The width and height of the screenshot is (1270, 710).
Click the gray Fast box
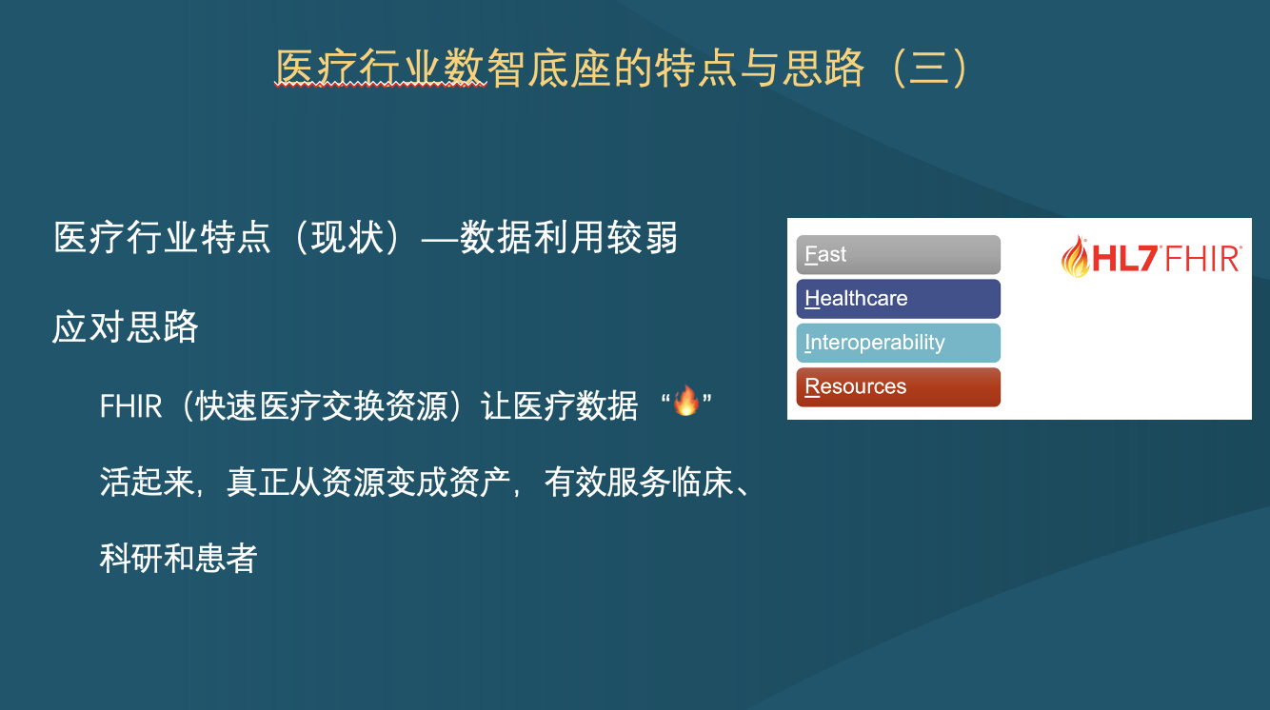tap(898, 254)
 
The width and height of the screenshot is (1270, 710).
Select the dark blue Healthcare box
tap(898, 299)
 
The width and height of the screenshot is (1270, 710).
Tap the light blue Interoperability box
tap(898, 343)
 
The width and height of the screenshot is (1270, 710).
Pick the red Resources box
tap(898, 387)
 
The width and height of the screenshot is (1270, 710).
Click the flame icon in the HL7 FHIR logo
tap(1075, 257)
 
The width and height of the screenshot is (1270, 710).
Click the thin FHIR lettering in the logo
tap(1202, 258)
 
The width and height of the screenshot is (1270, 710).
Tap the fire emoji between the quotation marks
tap(686, 401)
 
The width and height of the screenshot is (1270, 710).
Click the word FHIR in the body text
tap(131, 406)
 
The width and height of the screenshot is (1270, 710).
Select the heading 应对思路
tap(126, 327)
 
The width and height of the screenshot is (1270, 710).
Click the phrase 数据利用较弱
tap(568, 237)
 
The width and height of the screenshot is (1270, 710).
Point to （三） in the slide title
tap(930, 69)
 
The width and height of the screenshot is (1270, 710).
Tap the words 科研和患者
tap(179, 558)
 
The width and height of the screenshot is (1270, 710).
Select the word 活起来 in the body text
tap(147, 483)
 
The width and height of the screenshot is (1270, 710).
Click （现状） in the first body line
tap(347, 237)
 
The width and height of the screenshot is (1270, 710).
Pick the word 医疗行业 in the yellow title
tap(359, 69)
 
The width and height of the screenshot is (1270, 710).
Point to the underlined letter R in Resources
tap(812, 386)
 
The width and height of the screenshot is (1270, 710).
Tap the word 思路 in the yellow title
tap(824, 69)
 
